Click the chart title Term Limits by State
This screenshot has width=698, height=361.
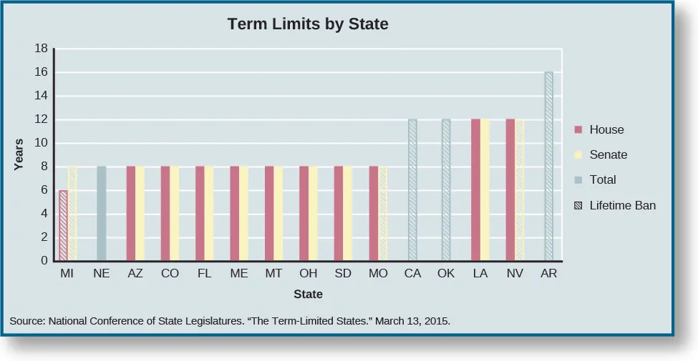click(308, 24)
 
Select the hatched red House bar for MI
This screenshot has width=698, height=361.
click(63, 225)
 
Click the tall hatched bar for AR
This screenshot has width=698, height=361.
click(548, 166)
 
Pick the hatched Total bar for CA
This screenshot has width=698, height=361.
click(412, 189)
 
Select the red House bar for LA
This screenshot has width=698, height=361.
click(475, 189)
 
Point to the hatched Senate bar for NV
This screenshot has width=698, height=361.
click(520, 189)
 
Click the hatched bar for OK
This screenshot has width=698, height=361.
click(446, 189)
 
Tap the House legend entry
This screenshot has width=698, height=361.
click(606, 130)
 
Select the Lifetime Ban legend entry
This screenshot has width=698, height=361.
click(621, 206)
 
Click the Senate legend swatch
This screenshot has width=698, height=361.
click(578, 155)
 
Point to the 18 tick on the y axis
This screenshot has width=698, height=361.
click(41, 49)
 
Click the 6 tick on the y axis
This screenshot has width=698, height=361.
click(44, 190)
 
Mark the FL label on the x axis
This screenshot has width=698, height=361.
click(204, 274)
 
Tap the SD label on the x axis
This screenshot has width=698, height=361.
click(343, 274)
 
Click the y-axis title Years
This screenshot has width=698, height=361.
click(19, 154)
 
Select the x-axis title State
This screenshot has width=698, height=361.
click(308, 295)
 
